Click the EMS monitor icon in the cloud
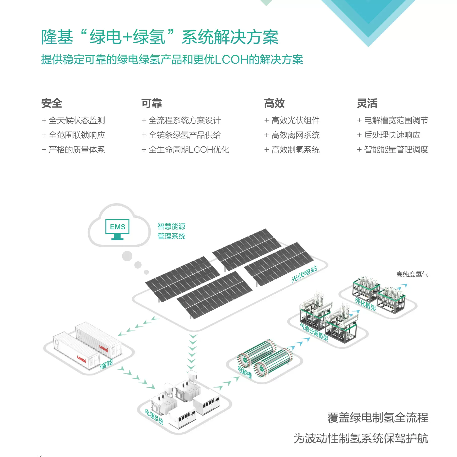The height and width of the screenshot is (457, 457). (x=117, y=229)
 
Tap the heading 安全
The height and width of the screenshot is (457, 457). (x=52, y=103)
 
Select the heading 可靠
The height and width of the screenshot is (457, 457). (x=152, y=103)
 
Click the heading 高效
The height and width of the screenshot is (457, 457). (x=274, y=103)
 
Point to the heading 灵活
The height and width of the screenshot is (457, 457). (x=367, y=103)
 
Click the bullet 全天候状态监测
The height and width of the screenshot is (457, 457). (x=77, y=120)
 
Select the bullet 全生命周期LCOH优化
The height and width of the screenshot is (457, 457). (x=189, y=150)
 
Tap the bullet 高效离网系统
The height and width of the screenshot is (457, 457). (x=295, y=135)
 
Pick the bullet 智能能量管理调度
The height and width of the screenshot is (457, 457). (x=396, y=150)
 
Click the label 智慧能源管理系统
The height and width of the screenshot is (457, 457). (x=171, y=231)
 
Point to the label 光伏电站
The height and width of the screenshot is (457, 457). (x=304, y=274)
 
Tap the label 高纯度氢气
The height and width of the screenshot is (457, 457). (x=412, y=274)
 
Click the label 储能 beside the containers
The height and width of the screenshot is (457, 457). (x=106, y=364)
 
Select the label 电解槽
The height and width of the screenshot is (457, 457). (x=245, y=372)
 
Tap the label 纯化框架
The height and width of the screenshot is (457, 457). (x=365, y=304)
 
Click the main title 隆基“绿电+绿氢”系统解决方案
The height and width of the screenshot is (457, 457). (x=160, y=37)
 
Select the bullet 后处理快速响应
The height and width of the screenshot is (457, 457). (x=392, y=135)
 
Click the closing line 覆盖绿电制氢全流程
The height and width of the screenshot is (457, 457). (x=378, y=418)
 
